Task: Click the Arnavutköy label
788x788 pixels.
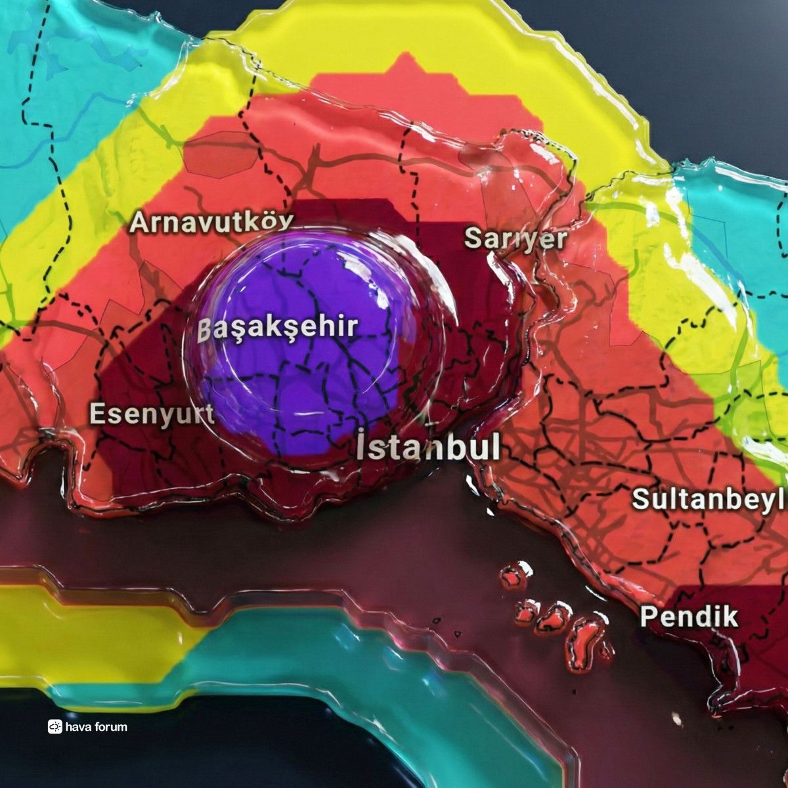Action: tap(211, 222)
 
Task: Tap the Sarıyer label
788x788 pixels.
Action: tap(515, 238)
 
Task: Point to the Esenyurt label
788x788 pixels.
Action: tap(152, 414)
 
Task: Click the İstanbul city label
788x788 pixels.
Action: tap(429, 447)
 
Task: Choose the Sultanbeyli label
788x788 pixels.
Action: tap(709, 498)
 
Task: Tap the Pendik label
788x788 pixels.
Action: tap(689, 617)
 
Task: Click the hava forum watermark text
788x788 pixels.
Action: tap(96, 727)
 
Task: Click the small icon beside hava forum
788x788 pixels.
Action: tap(55, 727)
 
